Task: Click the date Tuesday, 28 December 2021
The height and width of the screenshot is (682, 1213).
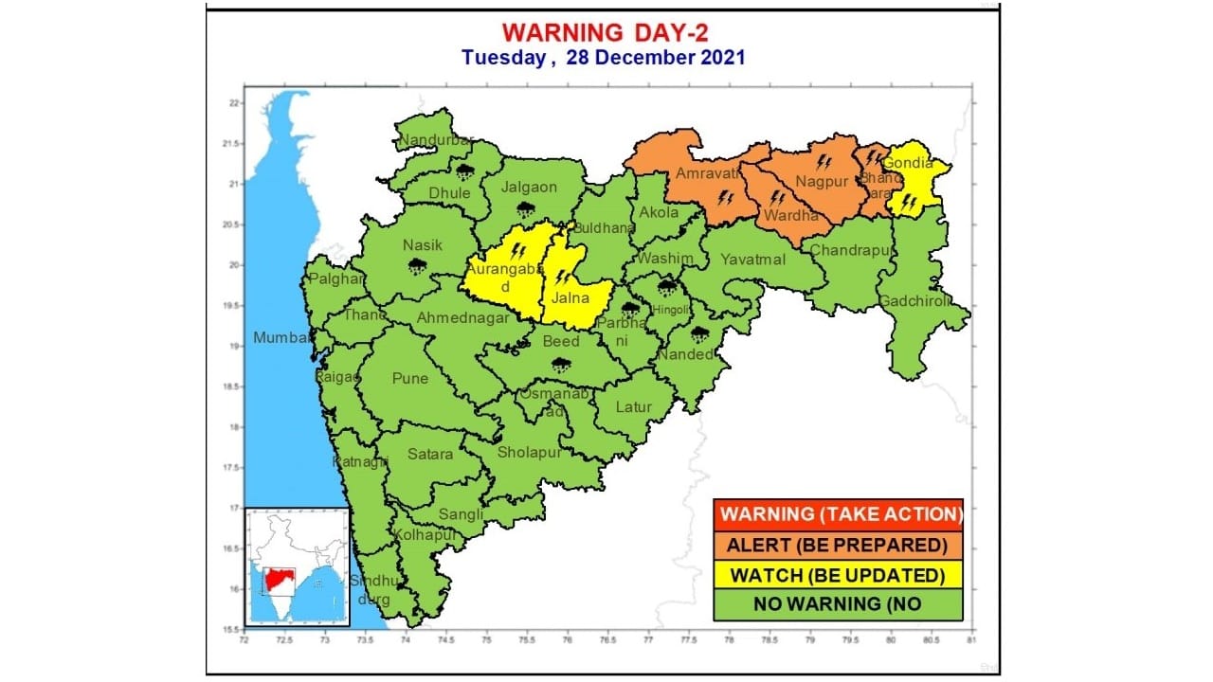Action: tap(604, 57)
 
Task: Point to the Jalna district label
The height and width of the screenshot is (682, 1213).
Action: tap(571, 298)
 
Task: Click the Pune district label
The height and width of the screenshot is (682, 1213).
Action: tap(410, 379)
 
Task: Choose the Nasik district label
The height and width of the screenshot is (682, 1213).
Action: tap(423, 245)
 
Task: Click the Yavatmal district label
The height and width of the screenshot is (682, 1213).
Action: tap(753, 260)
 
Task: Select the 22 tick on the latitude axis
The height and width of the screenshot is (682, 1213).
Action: tap(233, 103)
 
